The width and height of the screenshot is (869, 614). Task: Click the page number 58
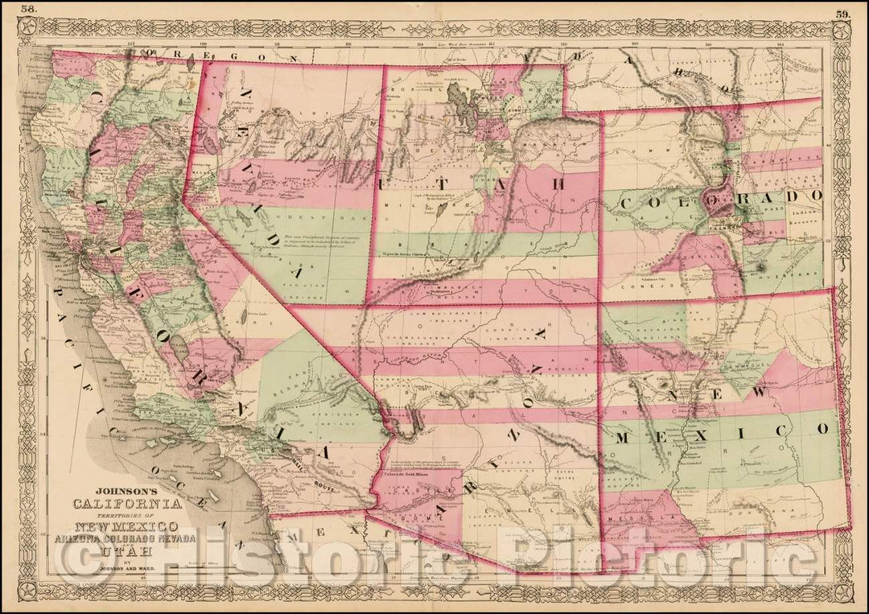pyautogui.click(x=28, y=10)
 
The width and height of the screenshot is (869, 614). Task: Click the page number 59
pyautogui.click(x=842, y=13)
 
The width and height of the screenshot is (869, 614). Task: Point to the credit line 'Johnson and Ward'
pyautogui.click(x=121, y=567)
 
